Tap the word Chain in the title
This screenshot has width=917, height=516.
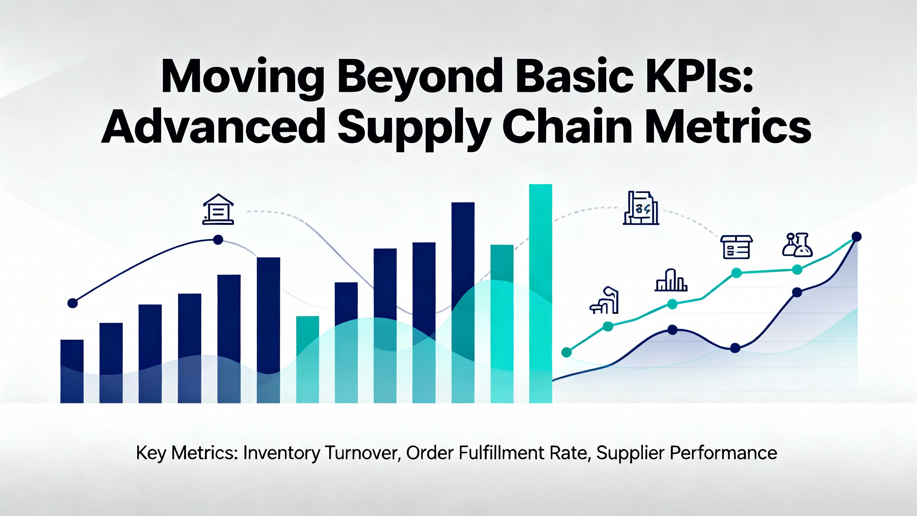click(567, 126)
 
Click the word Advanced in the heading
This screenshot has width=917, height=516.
click(213, 126)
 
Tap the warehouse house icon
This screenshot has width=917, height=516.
click(218, 209)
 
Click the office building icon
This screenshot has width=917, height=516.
click(641, 208)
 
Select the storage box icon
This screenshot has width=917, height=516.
click(736, 247)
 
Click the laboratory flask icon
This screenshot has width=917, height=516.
click(797, 245)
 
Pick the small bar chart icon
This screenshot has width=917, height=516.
click(671, 280)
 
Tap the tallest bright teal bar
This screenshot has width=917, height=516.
click(541, 293)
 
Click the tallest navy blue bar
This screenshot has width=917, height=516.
click(463, 303)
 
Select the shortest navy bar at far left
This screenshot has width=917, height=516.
click(72, 371)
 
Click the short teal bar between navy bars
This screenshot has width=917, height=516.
click(308, 359)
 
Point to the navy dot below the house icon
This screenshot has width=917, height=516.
click(218, 240)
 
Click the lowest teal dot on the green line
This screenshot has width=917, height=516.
click(567, 352)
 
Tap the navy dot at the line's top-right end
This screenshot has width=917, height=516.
click(856, 236)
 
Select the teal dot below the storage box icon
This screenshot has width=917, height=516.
click(736, 273)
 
